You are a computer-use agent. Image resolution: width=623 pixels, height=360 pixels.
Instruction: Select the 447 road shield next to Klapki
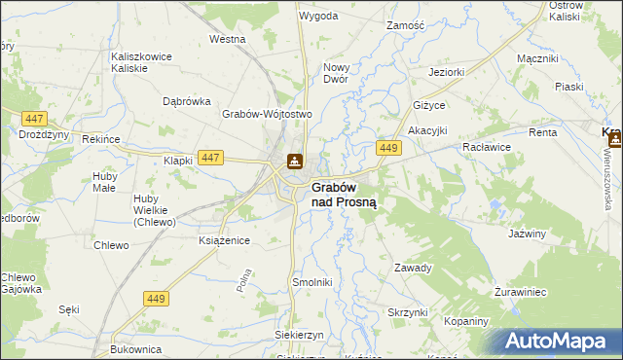208,157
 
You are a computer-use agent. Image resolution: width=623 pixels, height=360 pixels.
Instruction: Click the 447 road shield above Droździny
33,118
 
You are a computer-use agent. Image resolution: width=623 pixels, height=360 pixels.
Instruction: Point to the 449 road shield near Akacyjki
389,148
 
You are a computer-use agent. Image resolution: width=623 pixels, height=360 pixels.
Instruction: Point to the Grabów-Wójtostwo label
266,114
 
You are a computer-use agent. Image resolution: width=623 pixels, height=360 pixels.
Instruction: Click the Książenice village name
224,239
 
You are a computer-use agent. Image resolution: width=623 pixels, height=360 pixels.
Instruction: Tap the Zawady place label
413,268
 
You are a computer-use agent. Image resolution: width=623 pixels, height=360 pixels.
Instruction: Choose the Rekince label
101,140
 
